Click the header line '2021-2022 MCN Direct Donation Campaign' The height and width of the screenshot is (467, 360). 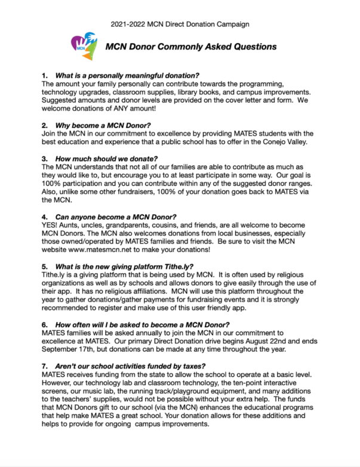pyautogui.click(x=180, y=24)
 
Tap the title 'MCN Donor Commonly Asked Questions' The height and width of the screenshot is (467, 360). pyautogui.click(x=191, y=46)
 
